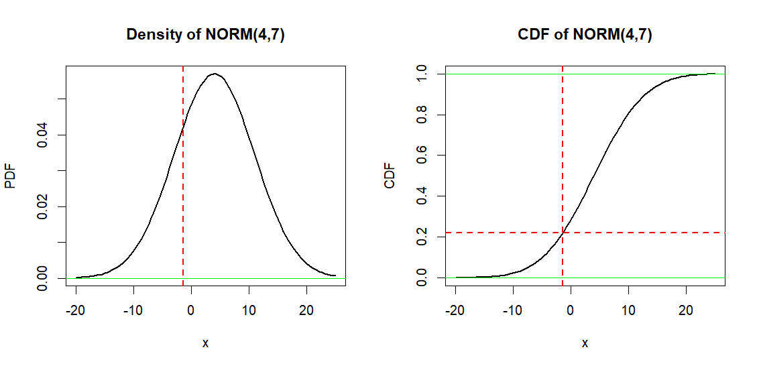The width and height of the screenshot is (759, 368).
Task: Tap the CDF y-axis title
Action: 390,176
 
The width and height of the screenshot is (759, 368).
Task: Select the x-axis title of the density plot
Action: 205,343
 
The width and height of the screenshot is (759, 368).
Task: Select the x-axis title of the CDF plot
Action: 585,343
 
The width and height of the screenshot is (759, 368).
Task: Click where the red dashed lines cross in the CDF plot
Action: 563,233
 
